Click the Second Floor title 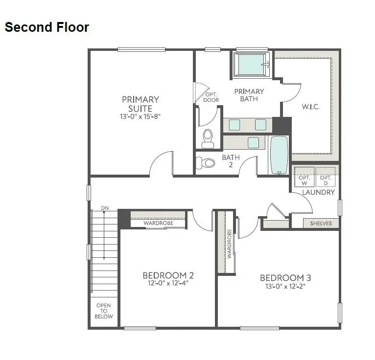tap(47, 27)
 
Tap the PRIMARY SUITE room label tap(141, 104)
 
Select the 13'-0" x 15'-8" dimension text tap(141, 116)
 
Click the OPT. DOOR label tap(211, 97)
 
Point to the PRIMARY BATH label tap(249, 95)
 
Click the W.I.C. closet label tap(310, 107)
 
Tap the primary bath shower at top tap(252, 65)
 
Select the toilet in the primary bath tap(208, 137)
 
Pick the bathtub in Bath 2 tap(280, 155)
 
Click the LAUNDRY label tap(318, 192)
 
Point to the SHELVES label tap(321, 224)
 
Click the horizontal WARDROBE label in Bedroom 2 tap(158, 224)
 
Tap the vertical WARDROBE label tap(229, 244)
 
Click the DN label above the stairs tap(105, 208)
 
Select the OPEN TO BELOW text tap(104, 311)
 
